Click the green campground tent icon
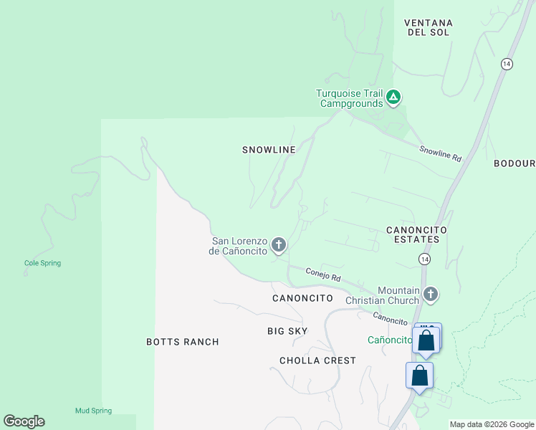393,97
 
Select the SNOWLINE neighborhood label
269,150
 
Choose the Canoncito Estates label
416,234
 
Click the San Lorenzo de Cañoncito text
239,246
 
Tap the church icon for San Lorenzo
279,246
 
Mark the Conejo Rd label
322,274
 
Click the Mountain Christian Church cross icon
430,294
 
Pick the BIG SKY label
287,330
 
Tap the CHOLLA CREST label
317,360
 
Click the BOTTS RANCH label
182,342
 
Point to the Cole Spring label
42,263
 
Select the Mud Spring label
93,411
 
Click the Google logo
24,421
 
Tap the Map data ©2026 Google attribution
492,424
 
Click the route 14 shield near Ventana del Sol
507,64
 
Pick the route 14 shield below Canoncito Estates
425,258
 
